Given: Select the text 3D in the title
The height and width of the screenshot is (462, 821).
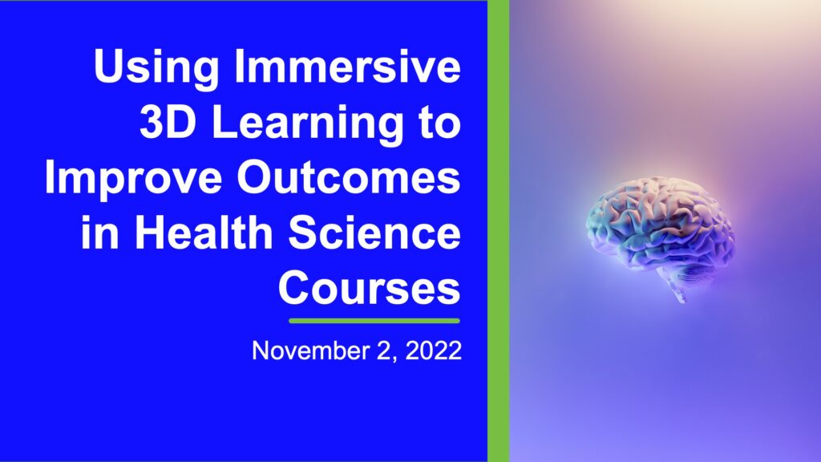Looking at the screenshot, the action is [x=168, y=122].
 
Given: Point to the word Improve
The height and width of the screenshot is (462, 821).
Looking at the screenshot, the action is [x=134, y=180].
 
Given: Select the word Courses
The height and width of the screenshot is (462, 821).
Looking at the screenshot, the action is [x=370, y=287].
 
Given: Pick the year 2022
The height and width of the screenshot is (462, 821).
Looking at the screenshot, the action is [x=434, y=351].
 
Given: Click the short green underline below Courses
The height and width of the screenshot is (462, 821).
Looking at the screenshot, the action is [x=374, y=321].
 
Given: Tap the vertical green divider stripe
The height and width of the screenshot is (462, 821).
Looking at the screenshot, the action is [x=499, y=231].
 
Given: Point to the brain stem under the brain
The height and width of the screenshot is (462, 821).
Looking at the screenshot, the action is [x=678, y=293].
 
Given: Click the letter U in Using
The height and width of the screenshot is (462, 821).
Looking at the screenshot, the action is [x=109, y=66].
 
